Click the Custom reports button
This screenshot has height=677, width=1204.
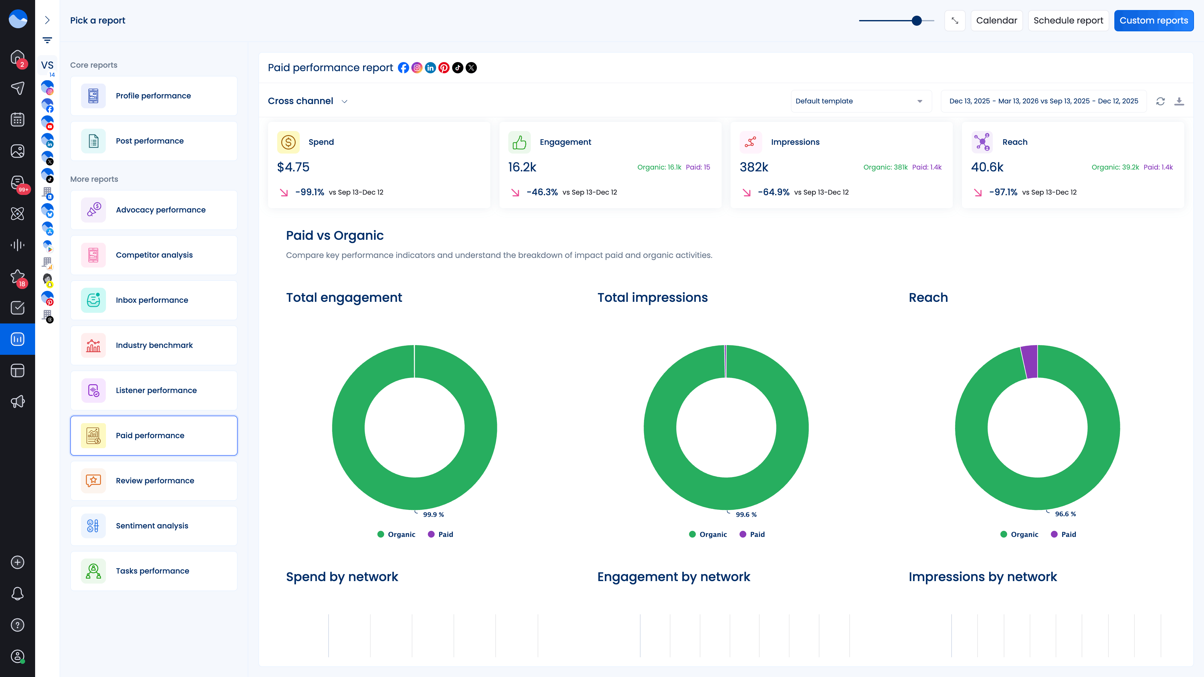coord(1153,21)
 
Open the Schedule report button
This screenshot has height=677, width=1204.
coord(1068,21)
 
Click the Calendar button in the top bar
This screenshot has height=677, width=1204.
coord(996,21)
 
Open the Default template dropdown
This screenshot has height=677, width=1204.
coord(860,101)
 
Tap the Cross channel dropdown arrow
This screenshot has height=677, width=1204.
coord(345,101)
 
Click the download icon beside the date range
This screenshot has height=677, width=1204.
coord(1179,101)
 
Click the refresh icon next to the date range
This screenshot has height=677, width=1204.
coord(1160,101)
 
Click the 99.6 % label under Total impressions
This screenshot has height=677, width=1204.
coord(746,514)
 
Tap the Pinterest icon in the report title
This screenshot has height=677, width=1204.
coord(444,68)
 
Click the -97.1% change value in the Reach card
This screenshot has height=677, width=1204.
coord(1003,192)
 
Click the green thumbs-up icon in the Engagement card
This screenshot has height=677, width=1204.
coord(519,142)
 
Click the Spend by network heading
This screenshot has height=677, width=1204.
coord(342,577)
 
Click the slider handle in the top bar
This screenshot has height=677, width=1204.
coord(916,21)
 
